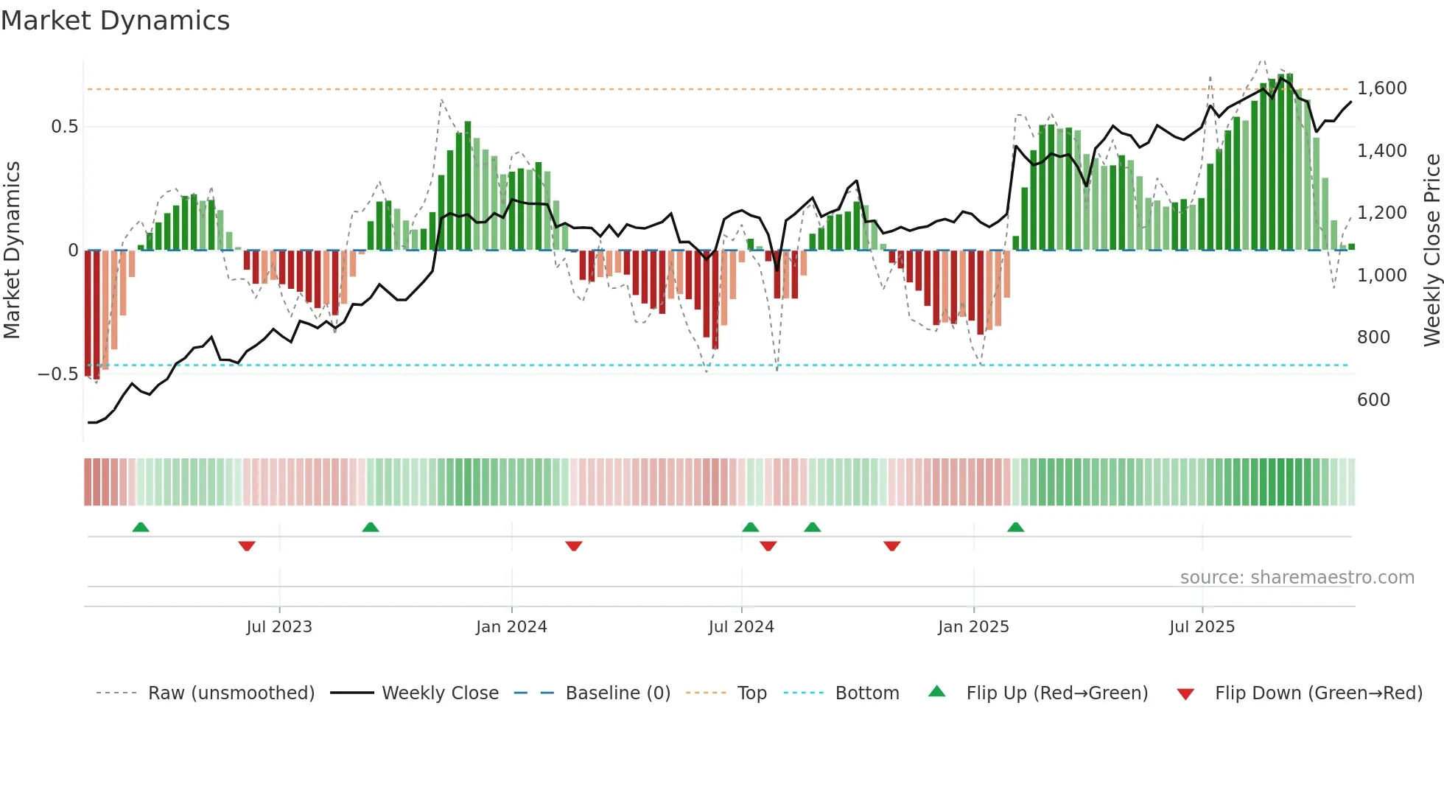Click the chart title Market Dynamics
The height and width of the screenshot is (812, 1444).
(x=115, y=21)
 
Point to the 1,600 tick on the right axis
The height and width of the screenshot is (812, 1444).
(x=1381, y=88)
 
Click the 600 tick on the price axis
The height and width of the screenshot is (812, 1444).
(x=1373, y=399)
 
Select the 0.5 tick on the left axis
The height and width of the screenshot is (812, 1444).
(x=64, y=127)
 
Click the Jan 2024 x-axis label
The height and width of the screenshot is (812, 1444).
(x=511, y=627)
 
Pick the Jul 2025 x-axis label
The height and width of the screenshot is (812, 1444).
(x=1202, y=627)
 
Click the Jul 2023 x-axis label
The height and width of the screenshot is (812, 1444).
(x=279, y=627)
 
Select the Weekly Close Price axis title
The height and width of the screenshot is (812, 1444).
(x=1431, y=250)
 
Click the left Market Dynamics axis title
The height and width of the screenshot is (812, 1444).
(x=12, y=250)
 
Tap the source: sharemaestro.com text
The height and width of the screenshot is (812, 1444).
(x=1297, y=578)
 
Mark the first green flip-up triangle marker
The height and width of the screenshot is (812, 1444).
(x=141, y=527)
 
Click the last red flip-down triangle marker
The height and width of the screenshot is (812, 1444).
(x=891, y=546)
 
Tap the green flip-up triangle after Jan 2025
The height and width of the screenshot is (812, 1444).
(x=1015, y=527)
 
